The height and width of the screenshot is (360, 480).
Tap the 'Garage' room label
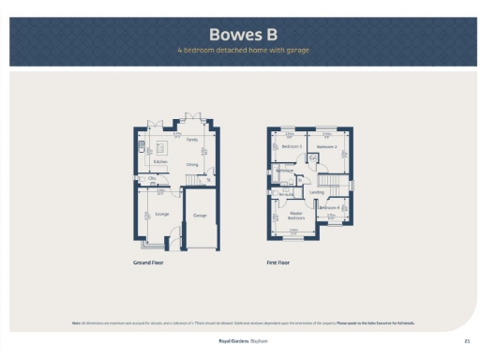200,216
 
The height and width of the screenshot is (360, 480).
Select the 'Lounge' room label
161,214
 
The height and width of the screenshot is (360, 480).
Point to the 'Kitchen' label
160,160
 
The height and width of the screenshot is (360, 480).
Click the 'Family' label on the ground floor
191,140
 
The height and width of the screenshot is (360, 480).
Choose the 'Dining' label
191,165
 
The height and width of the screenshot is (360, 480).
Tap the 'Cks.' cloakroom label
152,178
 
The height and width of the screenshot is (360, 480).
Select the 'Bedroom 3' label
292,146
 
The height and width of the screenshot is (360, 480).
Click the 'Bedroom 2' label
326,147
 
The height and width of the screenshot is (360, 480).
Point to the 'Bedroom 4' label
329,207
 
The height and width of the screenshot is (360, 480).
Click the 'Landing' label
316,192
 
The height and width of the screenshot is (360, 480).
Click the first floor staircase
334,180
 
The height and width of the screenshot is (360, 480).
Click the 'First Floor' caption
278,262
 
